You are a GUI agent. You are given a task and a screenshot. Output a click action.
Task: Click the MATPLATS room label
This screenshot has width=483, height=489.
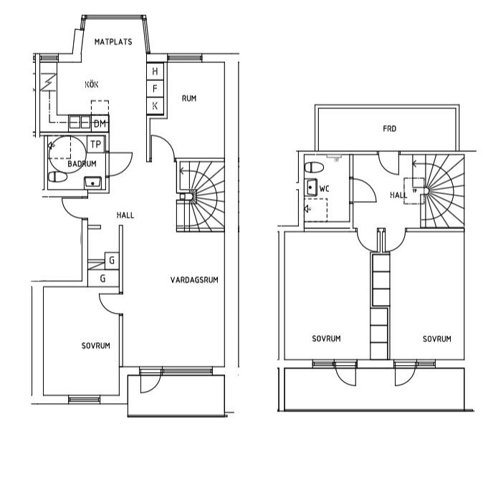pyautogui.click(x=113, y=42)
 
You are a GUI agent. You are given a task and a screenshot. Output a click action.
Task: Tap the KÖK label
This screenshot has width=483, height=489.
pyautogui.click(x=92, y=84)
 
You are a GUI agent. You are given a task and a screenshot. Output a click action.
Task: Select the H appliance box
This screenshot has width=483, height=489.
pyautogui.click(x=156, y=72)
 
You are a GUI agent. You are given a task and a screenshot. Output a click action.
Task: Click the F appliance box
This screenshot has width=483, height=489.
pyautogui.click(x=156, y=89)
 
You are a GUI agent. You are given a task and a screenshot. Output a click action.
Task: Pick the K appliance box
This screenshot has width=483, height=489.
pyautogui.click(x=156, y=106)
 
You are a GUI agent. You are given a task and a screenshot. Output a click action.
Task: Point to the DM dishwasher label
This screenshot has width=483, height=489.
pyautogui.click(x=100, y=124)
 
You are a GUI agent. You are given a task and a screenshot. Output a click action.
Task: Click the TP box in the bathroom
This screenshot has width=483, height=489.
pyautogui.click(x=96, y=144)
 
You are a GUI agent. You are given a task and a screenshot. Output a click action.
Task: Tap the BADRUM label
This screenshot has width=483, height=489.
pyautogui.click(x=82, y=164)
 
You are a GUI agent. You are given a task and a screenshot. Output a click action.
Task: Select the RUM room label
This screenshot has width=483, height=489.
pyautogui.click(x=189, y=99)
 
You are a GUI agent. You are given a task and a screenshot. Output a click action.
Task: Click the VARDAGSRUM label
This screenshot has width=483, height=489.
pyautogui.click(x=194, y=280)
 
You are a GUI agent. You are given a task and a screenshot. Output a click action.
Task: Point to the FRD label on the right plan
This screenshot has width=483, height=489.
pyautogui.click(x=390, y=128)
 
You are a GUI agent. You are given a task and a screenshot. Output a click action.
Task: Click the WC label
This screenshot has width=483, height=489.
pyautogui.click(x=325, y=189)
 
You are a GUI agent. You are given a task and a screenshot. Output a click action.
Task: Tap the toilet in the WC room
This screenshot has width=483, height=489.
pyautogui.click(x=315, y=168)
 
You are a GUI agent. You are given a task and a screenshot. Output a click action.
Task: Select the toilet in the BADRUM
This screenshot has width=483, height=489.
pyautogui.click(x=58, y=177)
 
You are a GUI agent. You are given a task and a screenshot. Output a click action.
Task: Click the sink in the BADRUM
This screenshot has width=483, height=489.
pyautogui.click(x=92, y=183)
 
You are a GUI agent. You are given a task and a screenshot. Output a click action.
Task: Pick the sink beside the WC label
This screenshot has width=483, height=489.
pyautogui.click(x=311, y=187)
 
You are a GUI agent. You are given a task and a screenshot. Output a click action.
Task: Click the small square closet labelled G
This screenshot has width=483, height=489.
pyautogui.click(x=112, y=261)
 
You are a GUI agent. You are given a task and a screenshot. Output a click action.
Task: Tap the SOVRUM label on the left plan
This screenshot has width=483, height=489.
pyautogui.click(x=96, y=346)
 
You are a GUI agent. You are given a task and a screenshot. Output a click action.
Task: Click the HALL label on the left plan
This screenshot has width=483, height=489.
pyautogui.click(x=125, y=216)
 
